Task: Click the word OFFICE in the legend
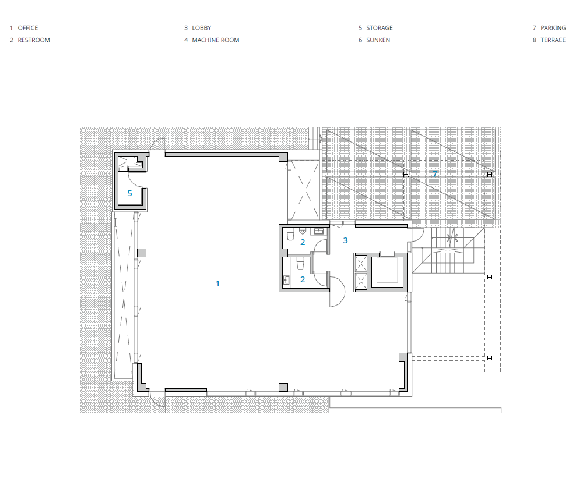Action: click(x=28, y=28)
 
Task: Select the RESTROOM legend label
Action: click(x=34, y=40)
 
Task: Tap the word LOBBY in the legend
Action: click(x=202, y=28)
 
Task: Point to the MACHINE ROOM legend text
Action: click(x=216, y=40)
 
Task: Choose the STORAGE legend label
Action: click(x=380, y=28)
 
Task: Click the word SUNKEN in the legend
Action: click(x=378, y=40)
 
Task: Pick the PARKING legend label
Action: click(x=553, y=28)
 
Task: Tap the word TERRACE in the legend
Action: click(x=553, y=40)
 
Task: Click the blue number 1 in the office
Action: click(x=217, y=283)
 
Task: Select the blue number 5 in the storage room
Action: click(x=130, y=193)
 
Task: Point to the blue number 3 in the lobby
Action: click(x=345, y=240)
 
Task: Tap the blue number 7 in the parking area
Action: click(x=435, y=174)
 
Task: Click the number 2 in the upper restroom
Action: click(x=303, y=242)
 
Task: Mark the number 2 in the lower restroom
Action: click(x=303, y=279)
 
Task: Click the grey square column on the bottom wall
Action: click(x=283, y=387)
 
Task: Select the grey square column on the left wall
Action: click(x=142, y=253)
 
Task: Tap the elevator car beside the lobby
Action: click(x=388, y=271)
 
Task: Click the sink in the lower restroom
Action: click(x=287, y=279)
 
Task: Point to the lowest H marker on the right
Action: click(x=489, y=358)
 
